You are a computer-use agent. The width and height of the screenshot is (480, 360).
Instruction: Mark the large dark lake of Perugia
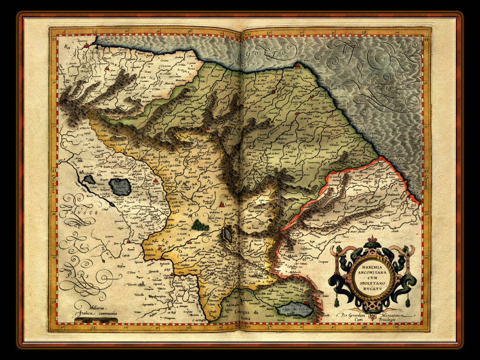120,186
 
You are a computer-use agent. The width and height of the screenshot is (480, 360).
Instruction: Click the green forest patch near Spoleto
201,225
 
